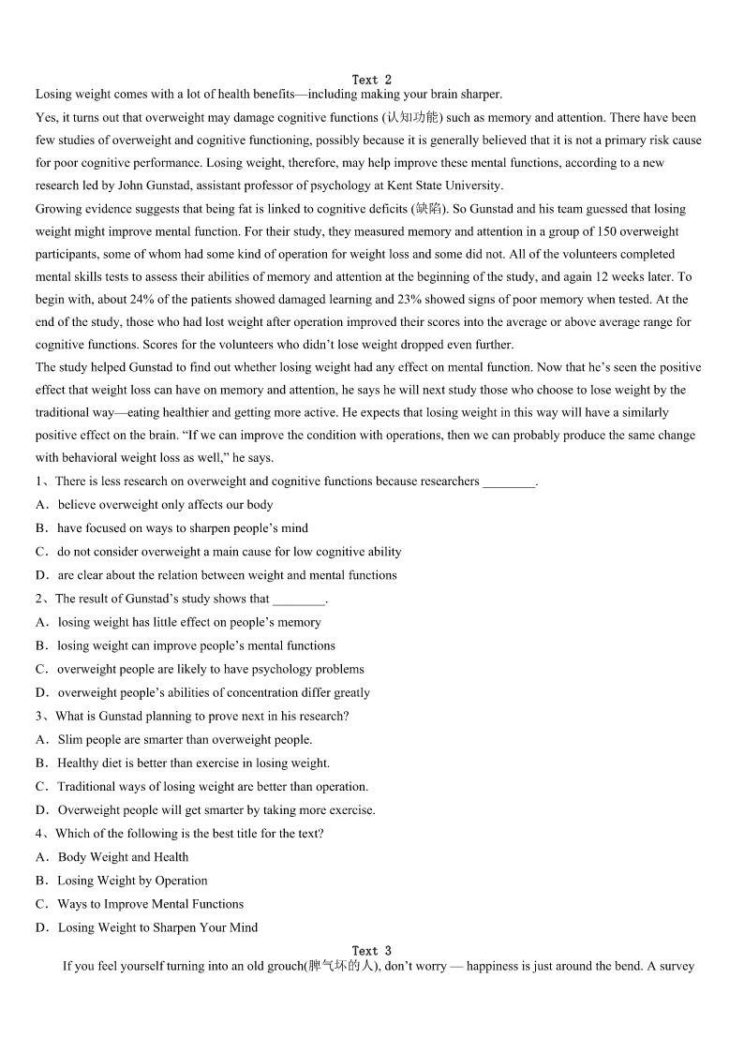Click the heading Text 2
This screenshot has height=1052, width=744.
(371, 80)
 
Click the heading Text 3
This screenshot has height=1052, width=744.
(371, 951)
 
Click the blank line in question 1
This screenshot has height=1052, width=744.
(508, 482)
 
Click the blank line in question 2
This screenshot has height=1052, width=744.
(298, 599)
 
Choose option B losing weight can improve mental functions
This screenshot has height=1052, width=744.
(196, 645)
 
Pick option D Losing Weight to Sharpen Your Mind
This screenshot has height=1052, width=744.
(157, 927)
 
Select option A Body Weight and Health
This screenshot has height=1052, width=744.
(123, 857)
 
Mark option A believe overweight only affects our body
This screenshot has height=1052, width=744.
(165, 505)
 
